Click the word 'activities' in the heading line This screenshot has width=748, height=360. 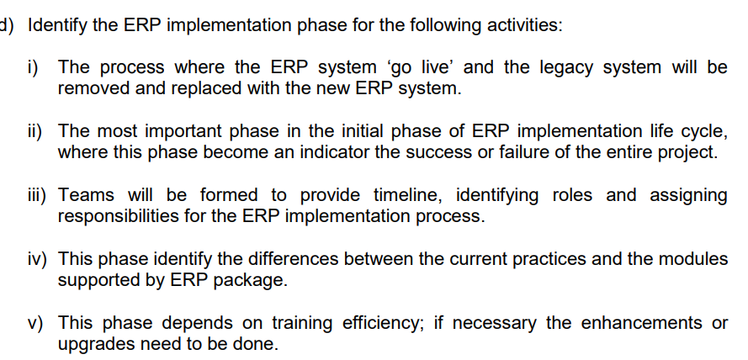pyautogui.click(x=525, y=24)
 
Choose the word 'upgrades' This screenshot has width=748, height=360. pyautogui.click(x=93, y=344)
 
